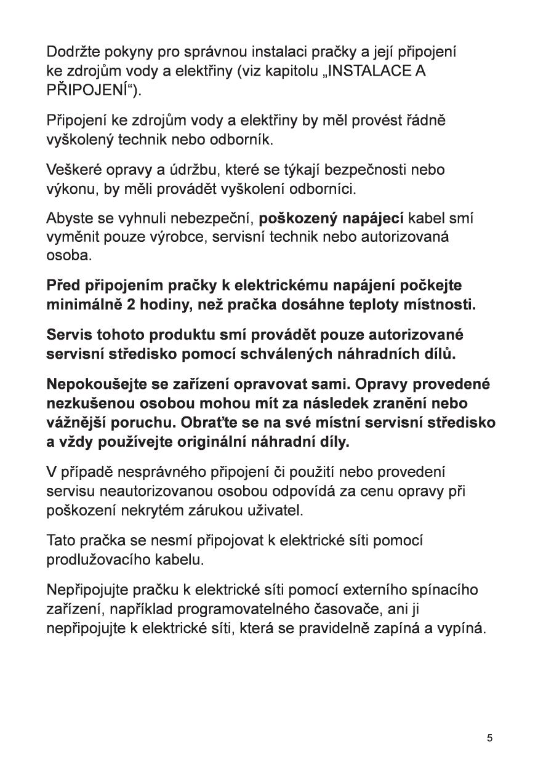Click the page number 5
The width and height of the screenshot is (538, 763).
coord(489,738)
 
